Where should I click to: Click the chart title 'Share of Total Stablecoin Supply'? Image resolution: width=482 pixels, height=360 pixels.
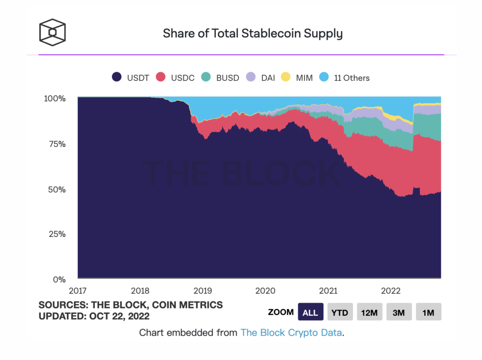pos(253,34)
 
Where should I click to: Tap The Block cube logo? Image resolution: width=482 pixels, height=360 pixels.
pos(53,32)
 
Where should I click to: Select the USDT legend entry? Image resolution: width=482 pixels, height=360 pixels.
pos(131,78)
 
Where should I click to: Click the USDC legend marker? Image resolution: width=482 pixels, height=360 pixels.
pos(161,77)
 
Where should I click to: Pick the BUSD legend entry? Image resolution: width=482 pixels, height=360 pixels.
pos(220,78)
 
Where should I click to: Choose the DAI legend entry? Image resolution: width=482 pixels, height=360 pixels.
pos(261,78)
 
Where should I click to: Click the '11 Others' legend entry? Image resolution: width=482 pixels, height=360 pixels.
pos(345,78)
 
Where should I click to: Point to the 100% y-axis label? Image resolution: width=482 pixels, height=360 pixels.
pos(55,99)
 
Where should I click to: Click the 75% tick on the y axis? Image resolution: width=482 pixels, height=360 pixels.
pos(57,144)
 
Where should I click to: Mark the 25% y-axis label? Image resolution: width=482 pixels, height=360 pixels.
pos(57,234)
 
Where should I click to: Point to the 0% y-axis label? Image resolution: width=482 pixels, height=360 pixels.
pos(59,279)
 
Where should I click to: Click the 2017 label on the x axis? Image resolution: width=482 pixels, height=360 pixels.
pos(78,291)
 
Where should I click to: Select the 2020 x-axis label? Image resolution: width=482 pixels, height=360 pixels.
pos(265,291)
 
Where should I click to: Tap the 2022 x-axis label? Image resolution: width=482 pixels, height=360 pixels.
pos(391,291)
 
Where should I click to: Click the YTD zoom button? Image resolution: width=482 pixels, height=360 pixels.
pos(340,312)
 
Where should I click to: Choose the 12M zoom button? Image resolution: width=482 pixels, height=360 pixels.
pos(369,312)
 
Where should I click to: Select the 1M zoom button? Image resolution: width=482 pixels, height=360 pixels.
pos(428,312)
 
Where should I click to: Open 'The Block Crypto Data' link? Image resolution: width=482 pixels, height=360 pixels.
pos(291,333)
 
